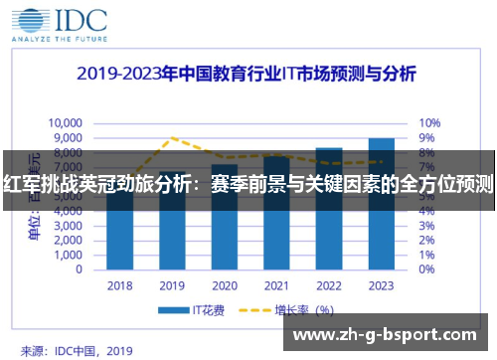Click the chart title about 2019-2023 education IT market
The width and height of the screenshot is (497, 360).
[x=248, y=74]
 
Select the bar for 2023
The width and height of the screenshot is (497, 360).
[x=381, y=204]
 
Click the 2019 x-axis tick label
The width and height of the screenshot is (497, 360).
[x=171, y=284]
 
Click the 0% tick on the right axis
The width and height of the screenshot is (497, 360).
[x=426, y=270]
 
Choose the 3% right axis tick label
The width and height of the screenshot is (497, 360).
[x=426, y=226]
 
